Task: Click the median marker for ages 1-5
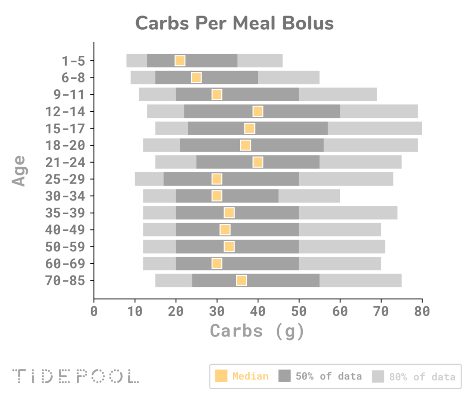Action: click(180, 60)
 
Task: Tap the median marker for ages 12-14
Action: click(258, 111)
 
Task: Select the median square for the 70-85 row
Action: click(241, 280)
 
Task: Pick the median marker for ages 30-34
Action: click(217, 196)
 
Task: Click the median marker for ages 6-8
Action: click(196, 77)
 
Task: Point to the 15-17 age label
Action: click(65, 128)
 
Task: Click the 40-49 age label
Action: click(65, 229)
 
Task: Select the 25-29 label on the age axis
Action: click(65, 179)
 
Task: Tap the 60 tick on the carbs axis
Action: click(340, 312)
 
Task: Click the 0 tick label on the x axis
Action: click(94, 312)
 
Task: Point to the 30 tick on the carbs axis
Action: click(217, 312)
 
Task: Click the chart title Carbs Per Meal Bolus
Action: click(234, 23)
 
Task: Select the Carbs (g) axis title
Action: click(257, 331)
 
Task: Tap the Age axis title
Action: click(19, 170)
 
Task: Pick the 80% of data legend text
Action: click(422, 377)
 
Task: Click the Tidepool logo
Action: click(76, 376)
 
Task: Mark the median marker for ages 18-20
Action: click(245, 145)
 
